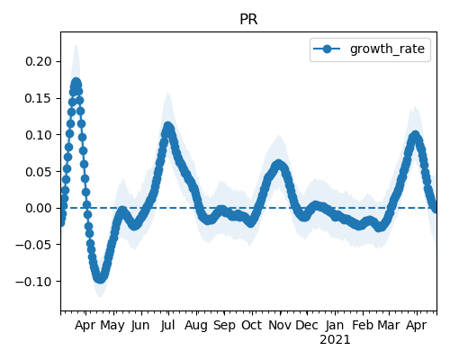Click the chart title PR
[x=248, y=20]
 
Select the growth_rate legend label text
[x=387, y=49]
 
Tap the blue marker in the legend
[x=327, y=49]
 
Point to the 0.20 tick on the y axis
[x=39, y=61]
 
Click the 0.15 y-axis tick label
[x=39, y=98]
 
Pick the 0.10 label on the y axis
[x=39, y=135]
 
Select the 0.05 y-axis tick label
[x=39, y=172]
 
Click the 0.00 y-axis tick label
[x=39, y=208]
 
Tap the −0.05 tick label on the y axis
[x=34, y=245]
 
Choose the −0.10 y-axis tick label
[x=34, y=282]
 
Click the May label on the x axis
[x=112, y=326]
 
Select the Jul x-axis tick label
[x=167, y=325]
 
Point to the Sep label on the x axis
[x=224, y=326]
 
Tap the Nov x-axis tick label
[x=280, y=325]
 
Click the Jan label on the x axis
[x=335, y=325]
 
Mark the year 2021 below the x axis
[x=335, y=340]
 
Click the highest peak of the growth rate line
[x=76, y=83]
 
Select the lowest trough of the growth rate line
[x=100, y=278]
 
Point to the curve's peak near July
[x=168, y=127]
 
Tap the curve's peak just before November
[x=278, y=165]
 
